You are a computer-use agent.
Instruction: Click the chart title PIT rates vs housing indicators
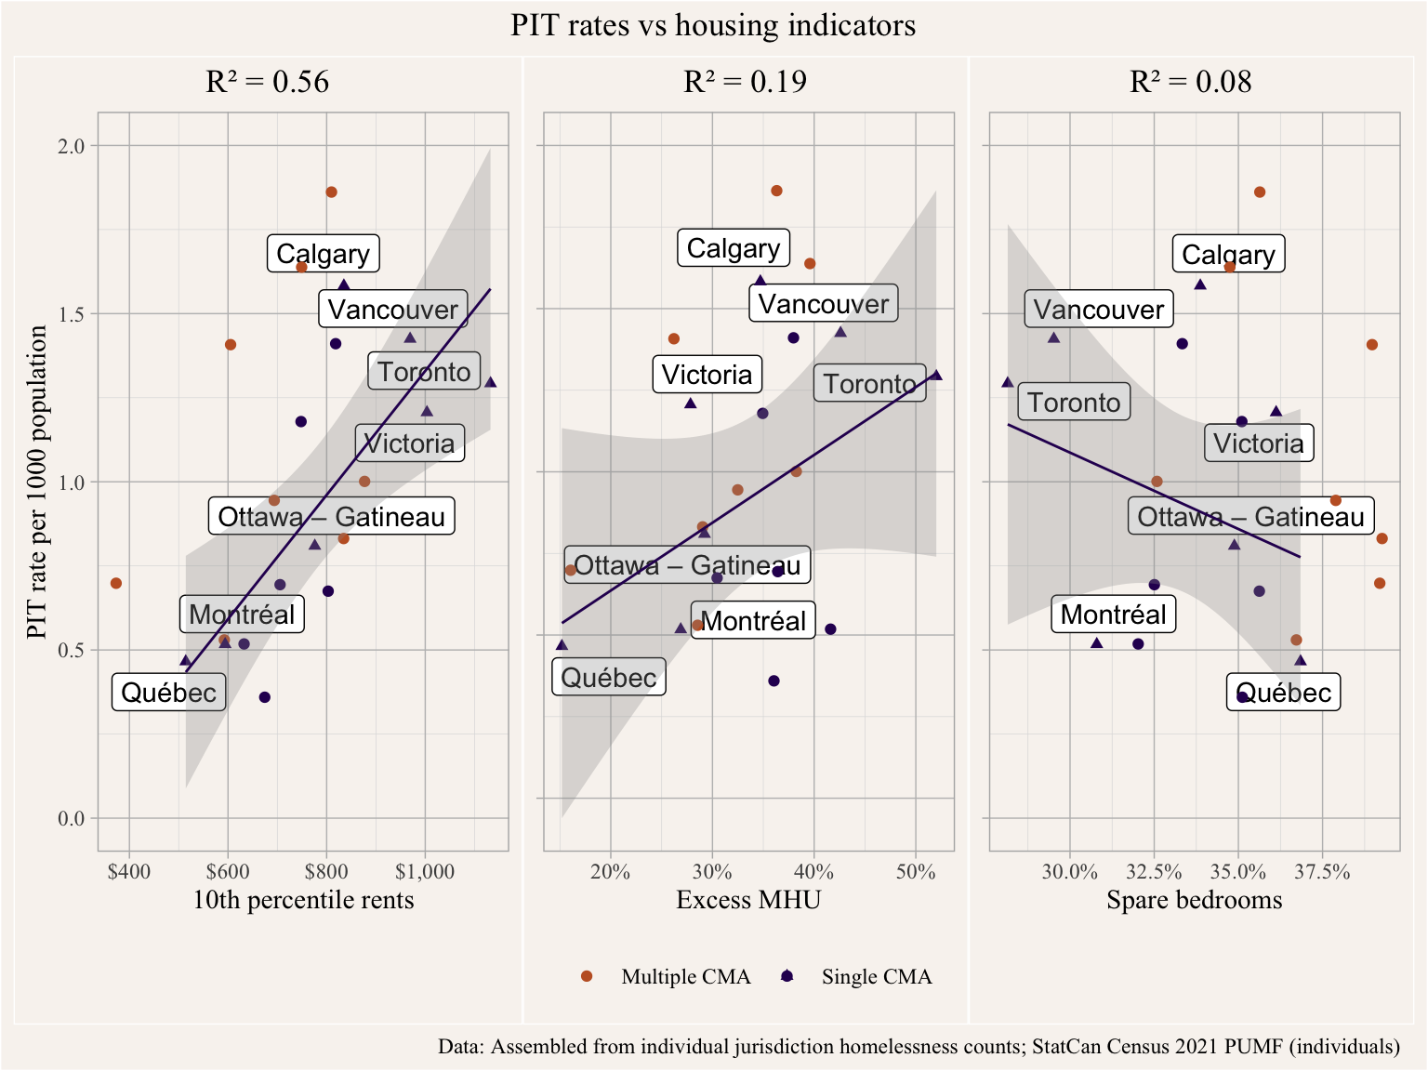click(x=713, y=25)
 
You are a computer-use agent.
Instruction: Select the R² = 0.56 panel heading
click(x=268, y=82)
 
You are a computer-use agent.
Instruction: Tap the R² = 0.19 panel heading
click(x=745, y=82)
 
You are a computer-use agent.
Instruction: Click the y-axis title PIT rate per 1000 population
click(x=36, y=482)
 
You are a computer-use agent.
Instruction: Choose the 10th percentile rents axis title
click(x=303, y=900)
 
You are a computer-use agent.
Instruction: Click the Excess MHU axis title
click(x=748, y=900)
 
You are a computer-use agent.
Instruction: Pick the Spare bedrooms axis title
click(x=1194, y=900)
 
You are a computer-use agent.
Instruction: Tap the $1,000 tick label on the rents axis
click(x=425, y=872)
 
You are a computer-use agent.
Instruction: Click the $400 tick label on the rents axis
click(x=129, y=872)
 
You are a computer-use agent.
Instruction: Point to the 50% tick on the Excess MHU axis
click(x=916, y=872)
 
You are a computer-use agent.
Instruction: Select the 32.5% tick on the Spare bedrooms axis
click(x=1154, y=872)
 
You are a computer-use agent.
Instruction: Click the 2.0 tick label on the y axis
click(x=72, y=146)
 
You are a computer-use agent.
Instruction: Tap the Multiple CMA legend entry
click(x=685, y=976)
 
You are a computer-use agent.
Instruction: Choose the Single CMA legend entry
click(x=876, y=976)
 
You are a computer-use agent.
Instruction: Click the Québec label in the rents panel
click(x=168, y=693)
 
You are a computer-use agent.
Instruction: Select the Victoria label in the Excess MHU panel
click(x=707, y=375)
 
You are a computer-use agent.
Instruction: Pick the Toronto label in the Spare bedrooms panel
click(x=1074, y=403)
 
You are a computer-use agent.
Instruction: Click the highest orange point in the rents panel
click(x=331, y=192)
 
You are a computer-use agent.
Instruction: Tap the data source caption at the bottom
click(x=919, y=1047)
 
